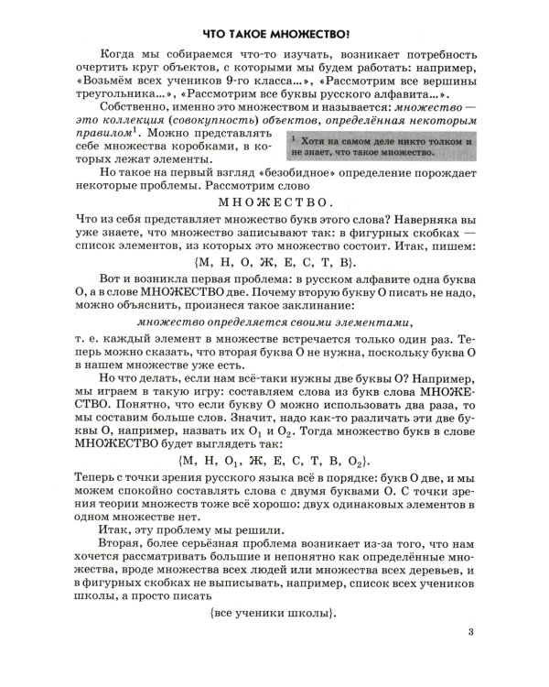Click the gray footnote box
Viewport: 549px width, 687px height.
point(378,148)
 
